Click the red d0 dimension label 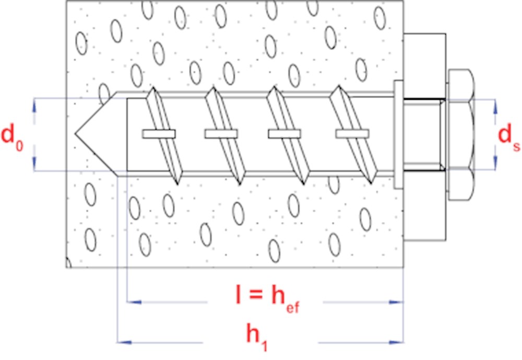[x=13, y=135]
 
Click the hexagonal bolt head [x=461, y=134]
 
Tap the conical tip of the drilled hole [x=94, y=134]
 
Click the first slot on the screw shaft [x=158, y=134]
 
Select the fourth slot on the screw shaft [x=351, y=134]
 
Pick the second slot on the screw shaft [x=221, y=134]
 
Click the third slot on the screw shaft [x=284, y=134]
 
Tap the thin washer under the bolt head [x=398, y=134]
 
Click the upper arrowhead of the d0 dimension [x=34, y=105]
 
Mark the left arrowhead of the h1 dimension [x=122, y=342]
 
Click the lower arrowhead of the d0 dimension [x=34, y=164]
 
